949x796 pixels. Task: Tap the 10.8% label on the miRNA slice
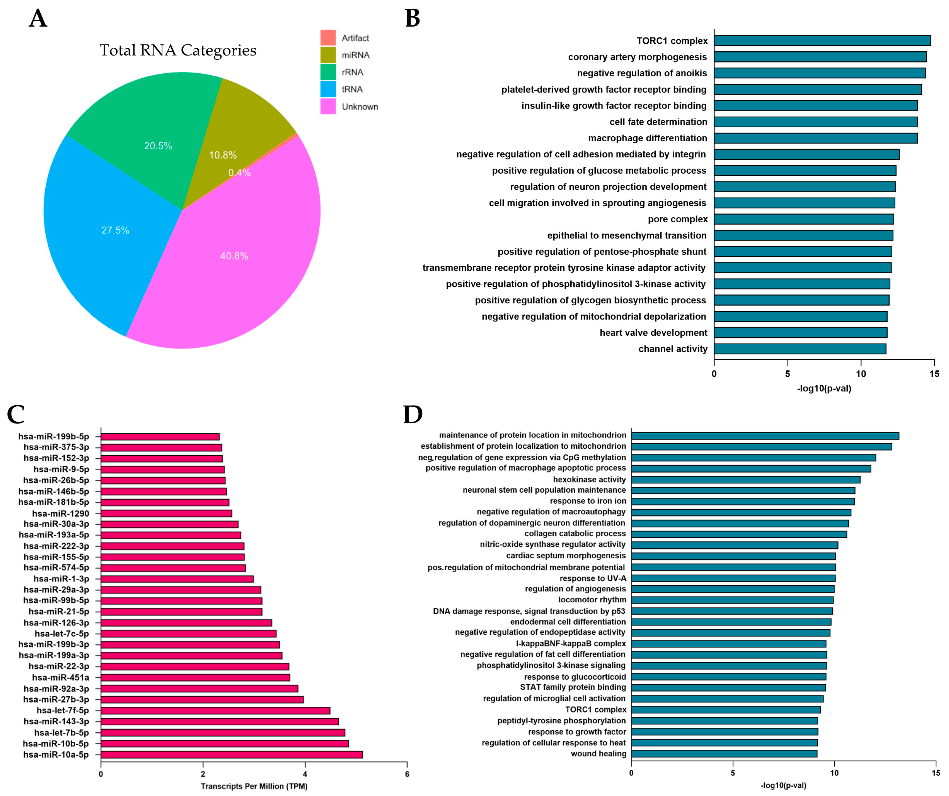point(222,155)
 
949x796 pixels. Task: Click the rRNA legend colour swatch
point(328,72)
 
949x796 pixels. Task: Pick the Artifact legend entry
point(355,38)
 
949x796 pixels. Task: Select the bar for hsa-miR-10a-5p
point(231,755)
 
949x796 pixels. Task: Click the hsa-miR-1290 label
point(60,513)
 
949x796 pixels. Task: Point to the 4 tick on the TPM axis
point(305,774)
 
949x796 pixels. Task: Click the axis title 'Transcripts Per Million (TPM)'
point(254,786)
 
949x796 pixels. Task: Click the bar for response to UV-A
point(733,578)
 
